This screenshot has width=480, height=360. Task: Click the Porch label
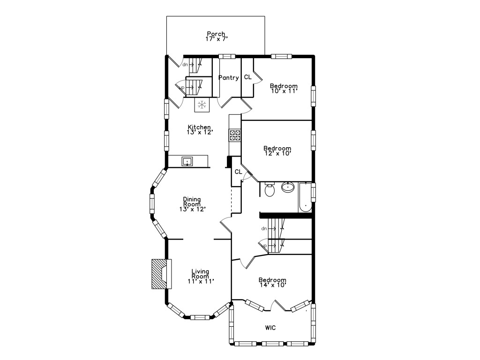[x=216, y=34]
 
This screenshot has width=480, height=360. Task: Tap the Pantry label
[x=228, y=78]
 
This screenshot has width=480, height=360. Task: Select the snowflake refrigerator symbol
[x=202, y=105]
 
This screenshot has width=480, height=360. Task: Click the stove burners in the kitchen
[x=235, y=135]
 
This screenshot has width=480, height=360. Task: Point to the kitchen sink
[x=187, y=162]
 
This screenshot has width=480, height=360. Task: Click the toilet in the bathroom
[x=270, y=190]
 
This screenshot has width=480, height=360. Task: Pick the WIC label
[x=270, y=328]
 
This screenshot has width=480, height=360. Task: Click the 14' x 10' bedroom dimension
[x=272, y=285]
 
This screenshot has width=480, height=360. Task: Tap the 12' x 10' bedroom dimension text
[x=277, y=153]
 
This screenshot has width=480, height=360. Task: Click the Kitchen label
[x=199, y=127]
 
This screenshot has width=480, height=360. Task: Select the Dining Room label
[x=192, y=201]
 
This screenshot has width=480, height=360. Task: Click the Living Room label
[x=200, y=274]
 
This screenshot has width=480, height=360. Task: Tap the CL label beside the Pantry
[x=247, y=77]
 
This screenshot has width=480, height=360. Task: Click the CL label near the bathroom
[x=238, y=172]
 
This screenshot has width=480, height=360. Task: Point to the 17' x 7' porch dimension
[x=216, y=39]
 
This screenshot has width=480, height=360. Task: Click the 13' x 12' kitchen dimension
[x=200, y=132]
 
